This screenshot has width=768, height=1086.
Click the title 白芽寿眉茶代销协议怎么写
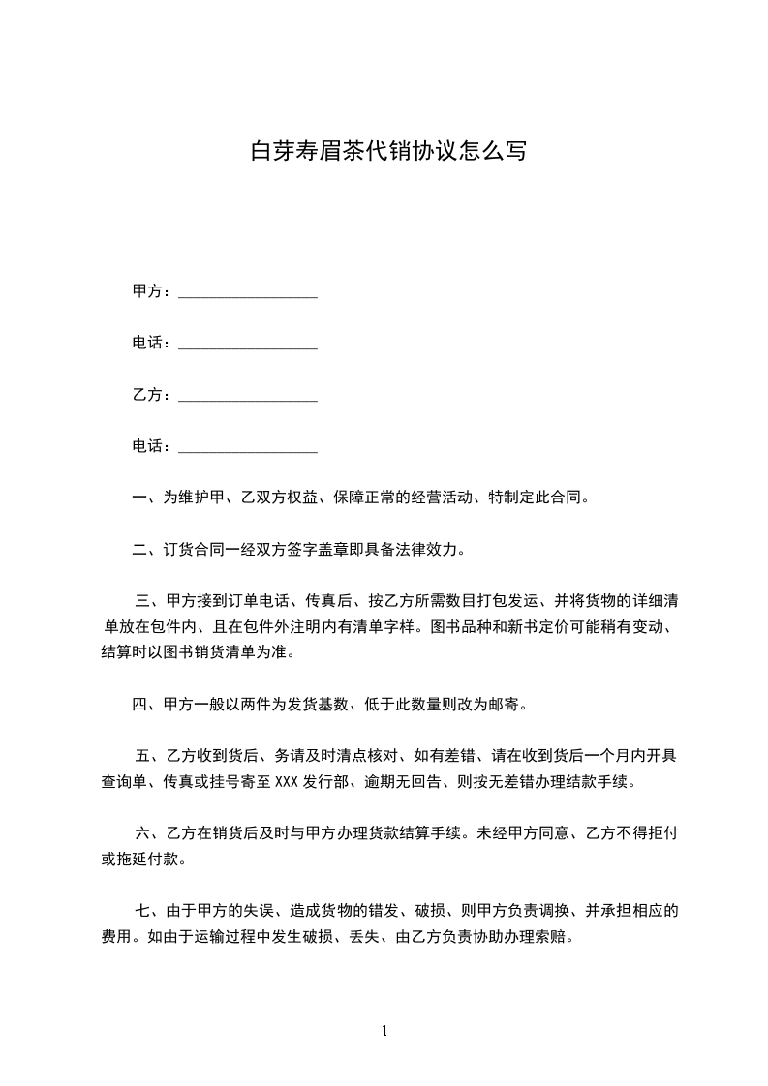tap(388, 152)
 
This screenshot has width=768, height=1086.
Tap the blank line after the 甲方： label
tap(248, 292)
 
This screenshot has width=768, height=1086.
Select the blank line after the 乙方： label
tap(248, 396)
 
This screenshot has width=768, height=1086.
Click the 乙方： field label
tap(152, 396)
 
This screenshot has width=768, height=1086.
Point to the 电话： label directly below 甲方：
tap(152, 344)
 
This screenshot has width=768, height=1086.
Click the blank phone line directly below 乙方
tap(248, 447)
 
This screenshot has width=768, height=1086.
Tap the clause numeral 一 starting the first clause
tap(139, 498)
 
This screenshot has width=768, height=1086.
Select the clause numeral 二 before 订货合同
tap(139, 551)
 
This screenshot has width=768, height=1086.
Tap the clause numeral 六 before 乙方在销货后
tap(143, 832)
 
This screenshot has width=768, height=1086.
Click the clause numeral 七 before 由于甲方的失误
tap(143, 910)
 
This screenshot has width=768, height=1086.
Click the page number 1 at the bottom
tap(384, 1031)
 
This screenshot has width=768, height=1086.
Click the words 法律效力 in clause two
tap(433, 551)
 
